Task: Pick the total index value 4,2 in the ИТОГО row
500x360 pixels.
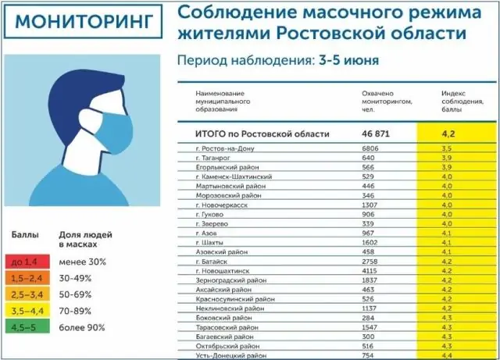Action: (x=448, y=134)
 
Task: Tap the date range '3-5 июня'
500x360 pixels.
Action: (x=350, y=59)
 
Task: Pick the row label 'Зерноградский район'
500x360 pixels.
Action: (x=230, y=280)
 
